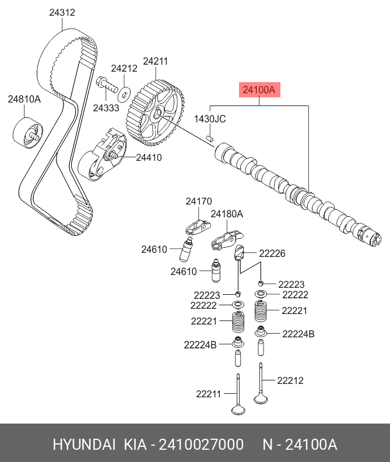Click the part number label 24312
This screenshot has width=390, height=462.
[62, 12]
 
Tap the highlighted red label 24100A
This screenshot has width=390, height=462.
[258, 90]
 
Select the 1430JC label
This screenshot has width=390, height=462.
[210, 119]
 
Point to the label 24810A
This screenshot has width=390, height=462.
[24, 100]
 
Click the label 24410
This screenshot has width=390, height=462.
[149, 157]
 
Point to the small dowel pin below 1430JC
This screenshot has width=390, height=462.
[210, 138]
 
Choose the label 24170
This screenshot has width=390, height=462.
[199, 202]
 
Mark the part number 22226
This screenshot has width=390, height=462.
[272, 253]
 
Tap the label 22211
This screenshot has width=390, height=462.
[209, 394]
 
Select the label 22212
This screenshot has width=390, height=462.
[290, 380]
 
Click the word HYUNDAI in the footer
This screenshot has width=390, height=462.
[84, 445]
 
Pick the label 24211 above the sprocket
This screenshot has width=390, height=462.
[156, 61]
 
